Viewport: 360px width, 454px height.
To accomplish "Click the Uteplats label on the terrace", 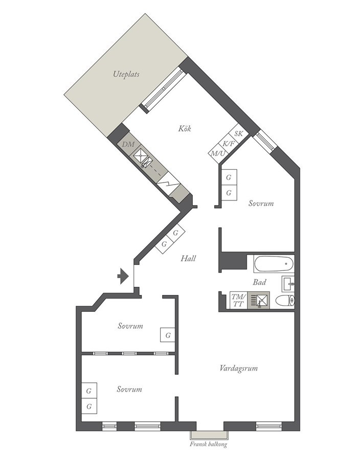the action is click(x=126, y=74).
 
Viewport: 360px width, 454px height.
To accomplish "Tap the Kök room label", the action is click(x=185, y=128).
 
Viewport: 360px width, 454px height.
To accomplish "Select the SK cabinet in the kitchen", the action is click(x=239, y=133).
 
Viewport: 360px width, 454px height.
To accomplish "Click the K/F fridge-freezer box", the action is click(x=229, y=143).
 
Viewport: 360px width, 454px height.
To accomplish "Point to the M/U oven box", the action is click(x=218, y=153).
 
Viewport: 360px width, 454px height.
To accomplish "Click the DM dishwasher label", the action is click(x=128, y=144).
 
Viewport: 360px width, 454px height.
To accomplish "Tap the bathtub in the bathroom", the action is click(x=274, y=264).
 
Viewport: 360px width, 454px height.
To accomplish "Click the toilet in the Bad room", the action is click(x=285, y=301).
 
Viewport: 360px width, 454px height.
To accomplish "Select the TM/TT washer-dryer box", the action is click(x=238, y=300).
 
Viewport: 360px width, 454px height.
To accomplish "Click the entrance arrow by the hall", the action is click(x=123, y=276).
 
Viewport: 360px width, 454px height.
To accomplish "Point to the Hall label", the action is click(x=188, y=258).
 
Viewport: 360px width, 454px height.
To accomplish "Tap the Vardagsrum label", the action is click(x=239, y=368).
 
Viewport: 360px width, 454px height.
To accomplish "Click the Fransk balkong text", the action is click(x=208, y=444).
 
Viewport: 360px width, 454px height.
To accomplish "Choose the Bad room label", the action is click(x=259, y=282).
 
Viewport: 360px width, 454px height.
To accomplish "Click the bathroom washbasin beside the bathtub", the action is click(x=288, y=284).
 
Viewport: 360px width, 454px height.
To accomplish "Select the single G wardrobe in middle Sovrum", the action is click(x=168, y=335).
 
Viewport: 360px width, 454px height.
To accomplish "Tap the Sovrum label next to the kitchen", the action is click(x=261, y=203).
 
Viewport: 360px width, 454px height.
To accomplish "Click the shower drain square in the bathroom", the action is click(x=259, y=300).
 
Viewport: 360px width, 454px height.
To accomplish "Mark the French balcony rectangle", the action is click(x=209, y=435).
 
